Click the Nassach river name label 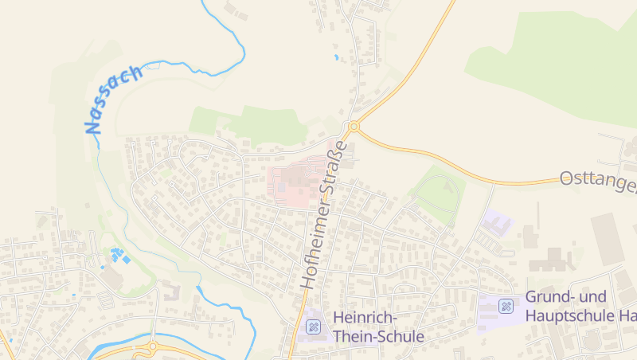114,100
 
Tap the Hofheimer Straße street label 324,214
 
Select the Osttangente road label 597,182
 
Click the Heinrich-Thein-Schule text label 378,327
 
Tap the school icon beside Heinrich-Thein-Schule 314,326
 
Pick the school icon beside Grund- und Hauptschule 506,306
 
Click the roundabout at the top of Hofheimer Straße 354,127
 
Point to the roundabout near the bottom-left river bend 152,347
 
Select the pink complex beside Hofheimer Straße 295,182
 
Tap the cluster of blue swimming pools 118,256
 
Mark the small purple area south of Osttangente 498,222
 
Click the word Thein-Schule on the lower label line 378,337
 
